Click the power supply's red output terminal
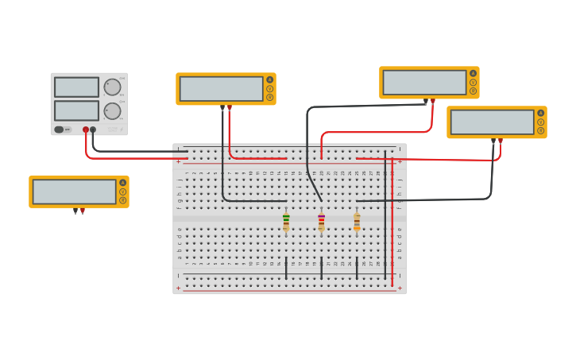click(x=86, y=130)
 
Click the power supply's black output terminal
click(x=93, y=130)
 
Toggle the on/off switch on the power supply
click(x=60, y=130)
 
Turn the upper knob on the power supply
click(x=112, y=87)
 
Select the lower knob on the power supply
click(x=112, y=110)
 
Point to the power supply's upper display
click(x=77, y=87)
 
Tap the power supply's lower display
click(x=77, y=110)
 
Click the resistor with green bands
click(x=286, y=223)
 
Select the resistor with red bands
click(x=321, y=223)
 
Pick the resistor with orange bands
click(x=357, y=223)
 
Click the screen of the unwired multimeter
click(x=75, y=192)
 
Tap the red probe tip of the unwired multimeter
click(x=82, y=211)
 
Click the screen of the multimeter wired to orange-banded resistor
click(x=493, y=122)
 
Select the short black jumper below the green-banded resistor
click(x=286, y=267)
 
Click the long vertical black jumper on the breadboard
click(x=385, y=215)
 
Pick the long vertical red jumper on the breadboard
click(x=392, y=223)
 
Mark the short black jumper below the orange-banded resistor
click(x=357, y=267)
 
